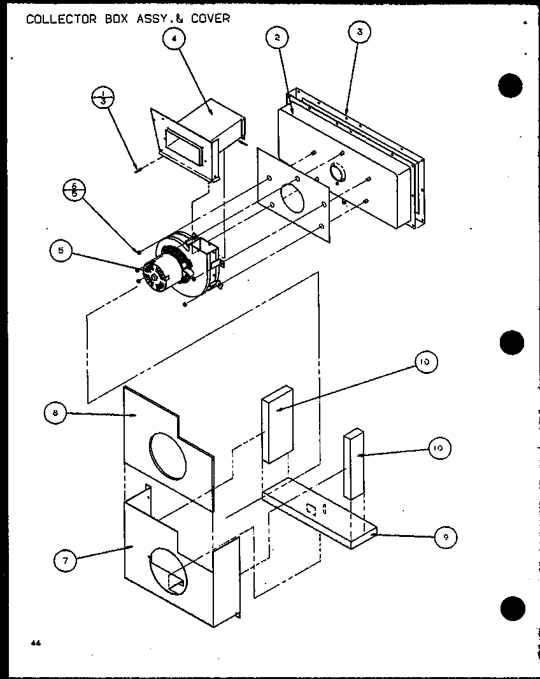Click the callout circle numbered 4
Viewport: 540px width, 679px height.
174,39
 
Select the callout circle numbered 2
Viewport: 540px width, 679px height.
276,38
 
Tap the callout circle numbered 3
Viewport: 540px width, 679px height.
360,32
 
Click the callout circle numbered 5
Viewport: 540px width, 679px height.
61,251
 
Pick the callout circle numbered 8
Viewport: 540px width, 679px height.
55,413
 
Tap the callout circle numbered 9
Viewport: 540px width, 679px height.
446,537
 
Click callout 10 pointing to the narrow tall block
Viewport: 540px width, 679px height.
437,448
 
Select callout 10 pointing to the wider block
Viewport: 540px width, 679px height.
424,362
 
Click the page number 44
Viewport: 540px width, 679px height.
35,643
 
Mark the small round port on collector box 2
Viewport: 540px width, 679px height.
338,173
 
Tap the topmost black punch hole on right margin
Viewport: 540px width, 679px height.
511,85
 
